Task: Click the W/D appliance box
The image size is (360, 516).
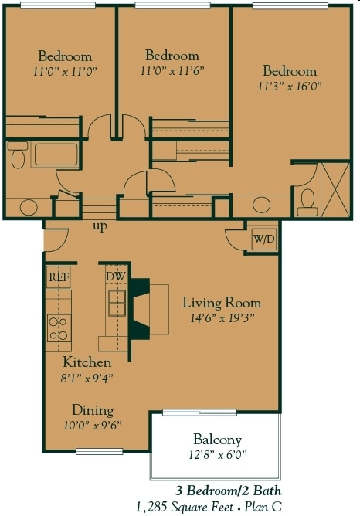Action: [x=263, y=239]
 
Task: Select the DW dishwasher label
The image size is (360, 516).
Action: [x=117, y=277]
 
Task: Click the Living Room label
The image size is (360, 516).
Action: [x=222, y=303]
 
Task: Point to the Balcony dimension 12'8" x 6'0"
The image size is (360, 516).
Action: [x=218, y=454]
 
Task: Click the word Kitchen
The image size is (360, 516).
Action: [x=87, y=362]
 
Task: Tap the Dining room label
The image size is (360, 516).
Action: [x=93, y=410]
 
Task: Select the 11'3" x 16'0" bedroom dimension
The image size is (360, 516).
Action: [x=290, y=87]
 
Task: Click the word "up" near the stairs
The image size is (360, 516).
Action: [x=100, y=227]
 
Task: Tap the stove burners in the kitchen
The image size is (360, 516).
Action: [x=58, y=328]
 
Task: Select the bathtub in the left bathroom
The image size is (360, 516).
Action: [x=55, y=154]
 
